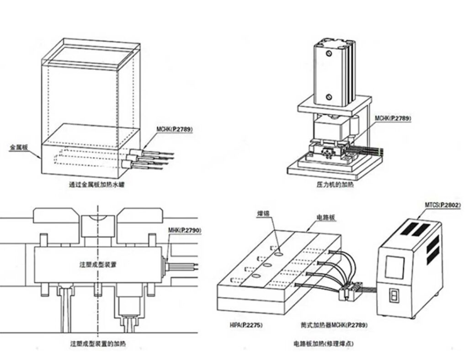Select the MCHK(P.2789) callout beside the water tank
click(x=174, y=129)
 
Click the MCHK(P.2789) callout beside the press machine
click(x=393, y=118)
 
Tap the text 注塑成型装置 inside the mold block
click(x=97, y=264)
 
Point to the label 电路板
click(x=326, y=217)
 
